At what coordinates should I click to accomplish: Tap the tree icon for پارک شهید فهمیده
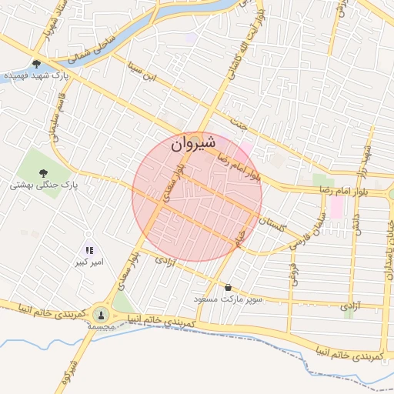[x=36, y=65]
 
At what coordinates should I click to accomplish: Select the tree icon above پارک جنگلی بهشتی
[x=42, y=173]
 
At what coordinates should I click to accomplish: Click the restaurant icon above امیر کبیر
[x=89, y=250]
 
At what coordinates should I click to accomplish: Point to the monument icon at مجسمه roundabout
[x=101, y=314]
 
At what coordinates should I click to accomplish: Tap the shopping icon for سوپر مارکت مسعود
[x=228, y=288]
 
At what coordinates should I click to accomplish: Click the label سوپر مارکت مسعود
[x=229, y=299]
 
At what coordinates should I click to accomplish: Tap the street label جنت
[x=240, y=122]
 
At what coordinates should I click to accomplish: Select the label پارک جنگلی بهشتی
[x=45, y=185]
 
